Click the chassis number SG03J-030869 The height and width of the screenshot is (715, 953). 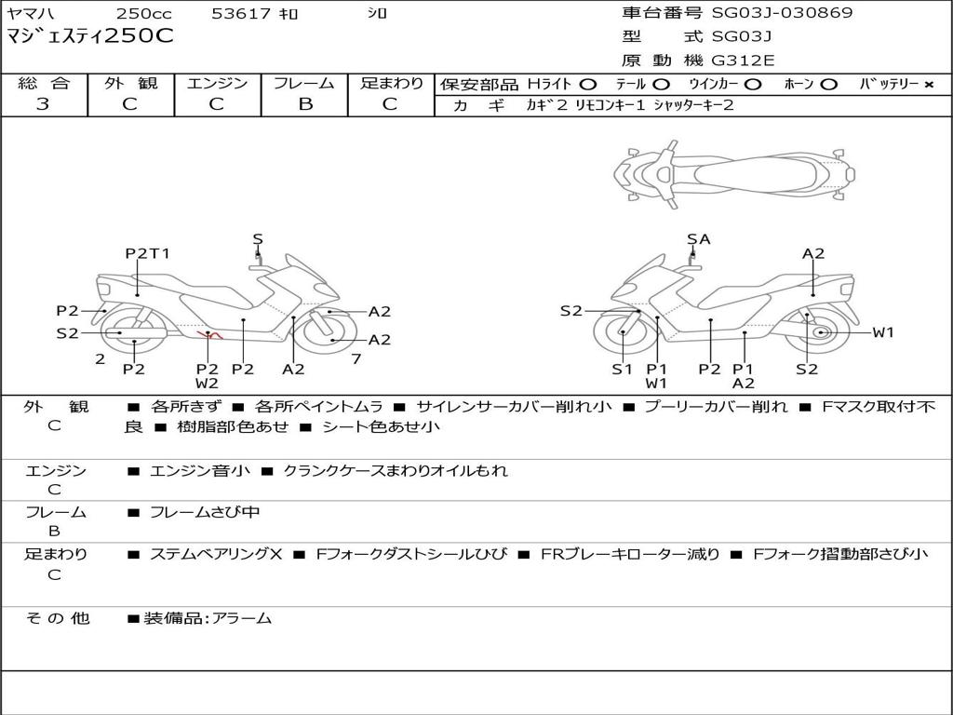click(x=782, y=13)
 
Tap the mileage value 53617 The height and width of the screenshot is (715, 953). click(x=241, y=14)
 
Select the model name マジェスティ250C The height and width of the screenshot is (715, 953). click(x=90, y=37)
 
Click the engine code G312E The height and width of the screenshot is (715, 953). click(x=743, y=61)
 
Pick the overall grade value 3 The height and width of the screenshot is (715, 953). click(x=43, y=104)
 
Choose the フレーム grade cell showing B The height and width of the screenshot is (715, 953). click(x=304, y=104)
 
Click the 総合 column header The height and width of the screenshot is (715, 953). click(x=44, y=84)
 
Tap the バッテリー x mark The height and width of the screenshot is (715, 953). click(x=928, y=85)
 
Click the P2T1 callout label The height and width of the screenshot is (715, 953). click(x=148, y=253)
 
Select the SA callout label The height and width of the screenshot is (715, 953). click(x=698, y=239)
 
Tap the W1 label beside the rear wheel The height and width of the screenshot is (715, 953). click(x=882, y=332)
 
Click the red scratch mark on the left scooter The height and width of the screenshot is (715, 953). click(x=208, y=333)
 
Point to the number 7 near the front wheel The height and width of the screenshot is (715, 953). click(x=356, y=358)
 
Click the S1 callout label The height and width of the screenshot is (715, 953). click(x=622, y=370)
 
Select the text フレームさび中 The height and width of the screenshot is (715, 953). click(x=205, y=512)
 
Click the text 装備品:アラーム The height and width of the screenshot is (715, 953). click(x=208, y=618)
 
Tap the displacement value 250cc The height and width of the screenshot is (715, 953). click(x=144, y=14)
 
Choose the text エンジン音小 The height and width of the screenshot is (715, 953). click(x=200, y=471)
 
